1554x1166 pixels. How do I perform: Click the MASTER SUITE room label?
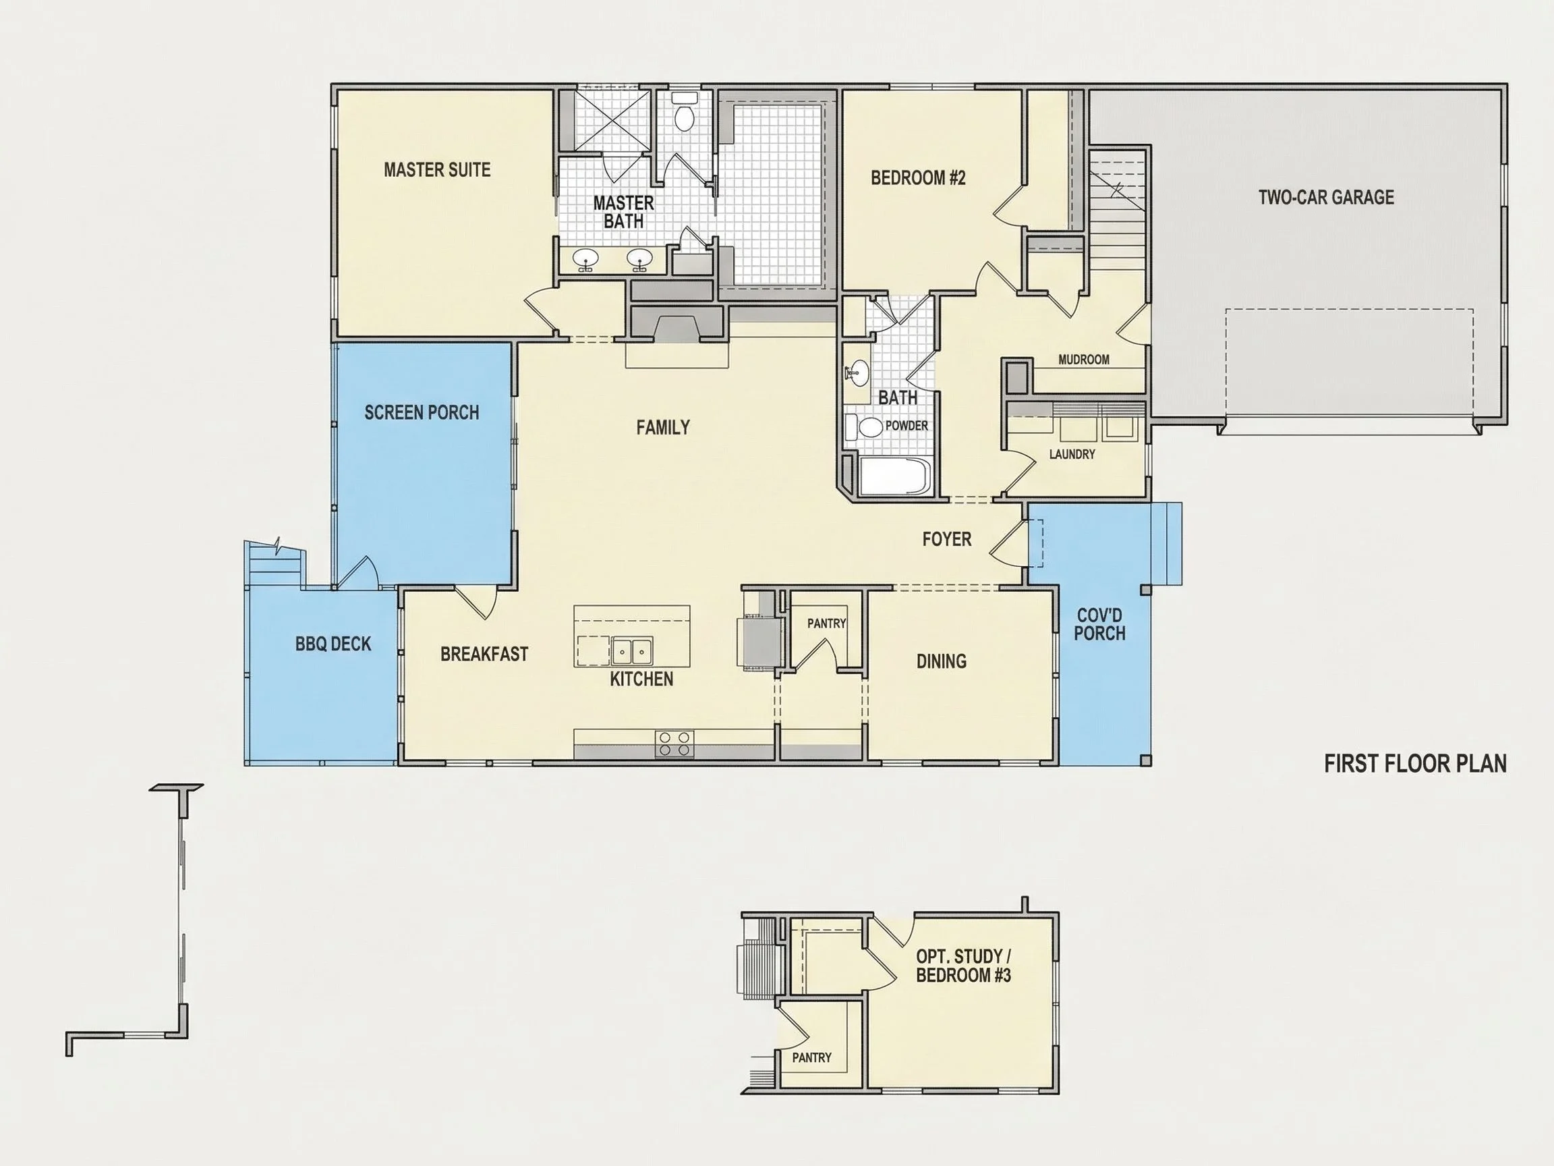click(x=437, y=169)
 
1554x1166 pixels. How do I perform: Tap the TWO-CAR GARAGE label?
click(x=1325, y=197)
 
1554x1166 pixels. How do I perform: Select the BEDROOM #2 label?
click(x=917, y=178)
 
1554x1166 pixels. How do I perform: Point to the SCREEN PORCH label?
click(x=422, y=412)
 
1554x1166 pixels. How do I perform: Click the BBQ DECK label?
click(x=333, y=644)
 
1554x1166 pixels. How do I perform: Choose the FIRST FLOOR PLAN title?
click(x=1415, y=764)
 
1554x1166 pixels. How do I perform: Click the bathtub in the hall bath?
click(x=894, y=476)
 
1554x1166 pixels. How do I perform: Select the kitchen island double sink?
click(x=631, y=652)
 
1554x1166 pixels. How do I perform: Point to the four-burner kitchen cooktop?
click(x=674, y=744)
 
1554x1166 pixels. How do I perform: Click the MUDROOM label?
click(x=1084, y=360)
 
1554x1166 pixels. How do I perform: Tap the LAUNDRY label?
click(x=1072, y=455)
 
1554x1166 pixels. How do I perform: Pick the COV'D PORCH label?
click(x=1099, y=624)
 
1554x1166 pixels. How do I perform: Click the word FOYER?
click(x=947, y=539)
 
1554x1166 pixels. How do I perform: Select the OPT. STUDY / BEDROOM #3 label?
click(x=963, y=966)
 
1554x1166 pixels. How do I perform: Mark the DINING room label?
click(x=942, y=661)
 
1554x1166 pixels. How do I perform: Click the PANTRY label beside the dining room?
click(x=826, y=623)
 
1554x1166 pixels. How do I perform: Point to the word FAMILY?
click(x=662, y=427)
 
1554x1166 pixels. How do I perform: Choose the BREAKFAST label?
click(x=484, y=655)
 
